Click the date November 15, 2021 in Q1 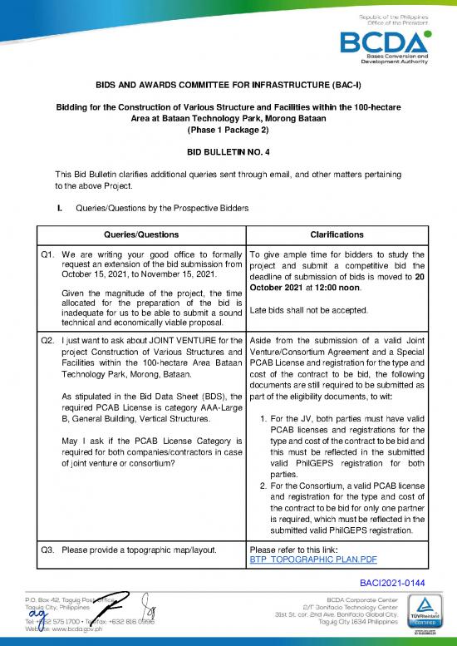(x=174, y=274)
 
